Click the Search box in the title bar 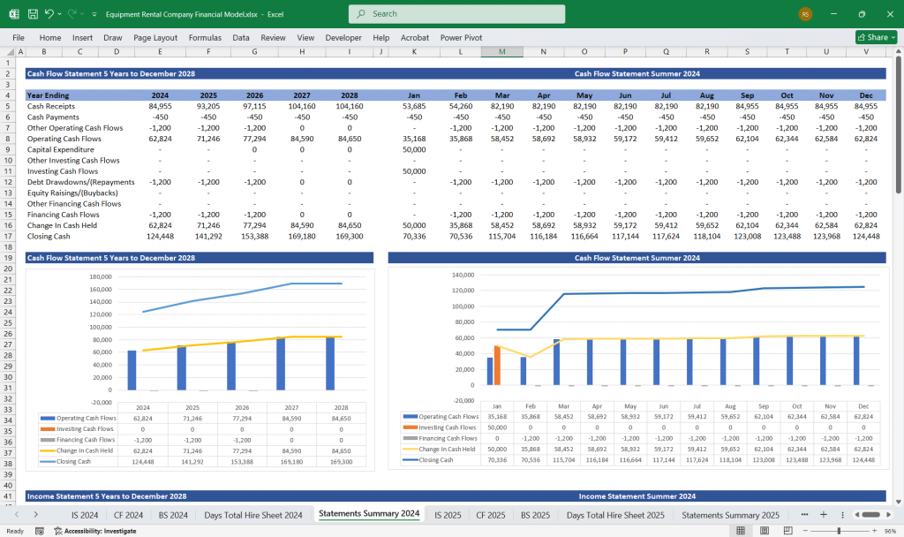(456, 14)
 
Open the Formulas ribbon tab (205, 38)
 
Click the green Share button (876, 37)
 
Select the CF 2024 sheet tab (129, 514)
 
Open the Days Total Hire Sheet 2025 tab (615, 514)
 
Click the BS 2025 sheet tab (537, 514)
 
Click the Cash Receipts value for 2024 (160, 106)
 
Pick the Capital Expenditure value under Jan (413, 149)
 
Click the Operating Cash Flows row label (64, 139)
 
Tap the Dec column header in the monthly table (865, 95)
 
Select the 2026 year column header (254, 95)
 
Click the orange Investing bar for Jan (497, 366)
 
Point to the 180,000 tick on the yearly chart (100, 276)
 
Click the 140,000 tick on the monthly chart (463, 276)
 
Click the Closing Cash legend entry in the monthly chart (436, 459)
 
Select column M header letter (501, 52)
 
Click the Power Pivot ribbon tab (461, 38)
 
